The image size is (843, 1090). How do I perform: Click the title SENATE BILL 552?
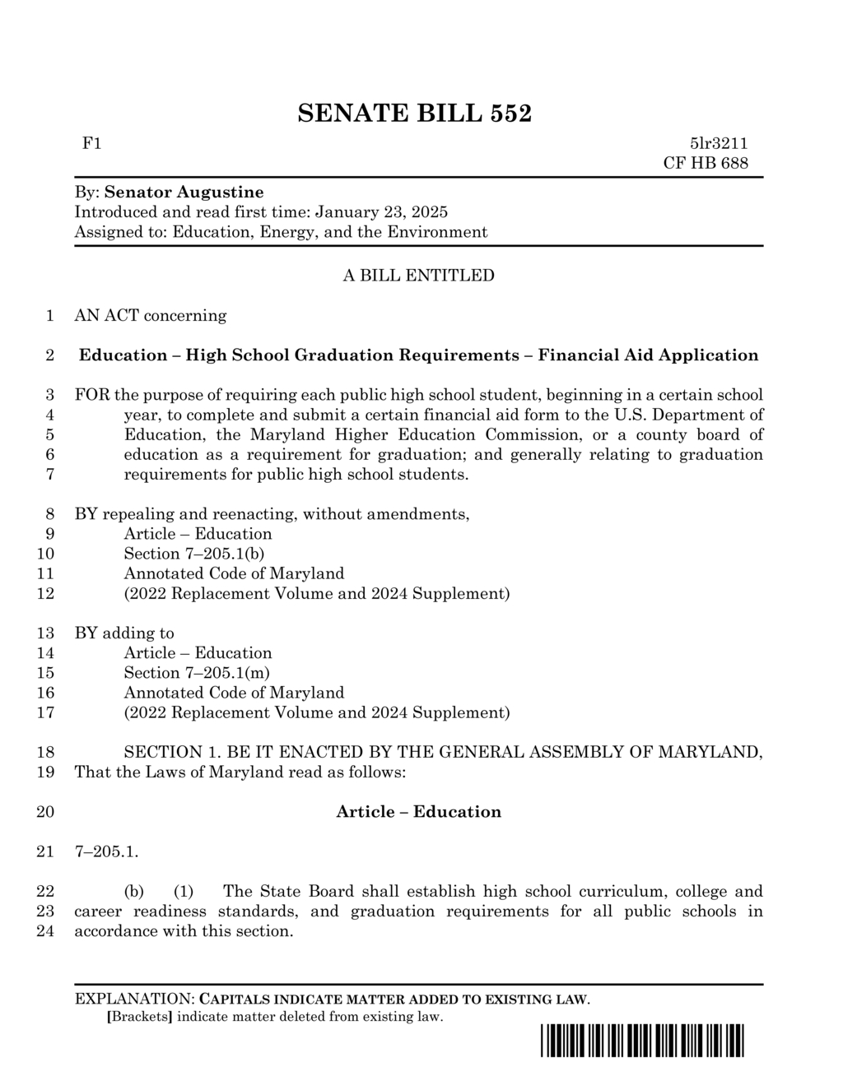(x=414, y=113)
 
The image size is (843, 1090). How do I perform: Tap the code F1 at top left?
(x=91, y=144)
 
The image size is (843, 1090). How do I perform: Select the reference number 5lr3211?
(x=719, y=144)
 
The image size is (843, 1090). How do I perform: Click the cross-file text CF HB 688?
(x=706, y=163)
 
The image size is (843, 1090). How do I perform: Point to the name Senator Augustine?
(x=184, y=192)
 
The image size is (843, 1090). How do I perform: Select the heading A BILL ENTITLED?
(x=418, y=276)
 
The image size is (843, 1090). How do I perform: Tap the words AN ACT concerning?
(x=151, y=316)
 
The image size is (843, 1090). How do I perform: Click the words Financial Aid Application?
(x=648, y=355)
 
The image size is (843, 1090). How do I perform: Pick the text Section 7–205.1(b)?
(x=193, y=554)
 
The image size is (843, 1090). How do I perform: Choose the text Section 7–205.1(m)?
(x=196, y=673)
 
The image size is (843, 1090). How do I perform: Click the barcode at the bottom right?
(x=642, y=1041)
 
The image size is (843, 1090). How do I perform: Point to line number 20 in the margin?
(x=46, y=812)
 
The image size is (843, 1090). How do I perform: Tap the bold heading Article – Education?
(x=418, y=812)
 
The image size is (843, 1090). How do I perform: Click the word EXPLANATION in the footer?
(x=133, y=1000)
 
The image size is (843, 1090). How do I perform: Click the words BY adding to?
(x=124, y=633)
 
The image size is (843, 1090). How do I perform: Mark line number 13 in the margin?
(x=46, y=633)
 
